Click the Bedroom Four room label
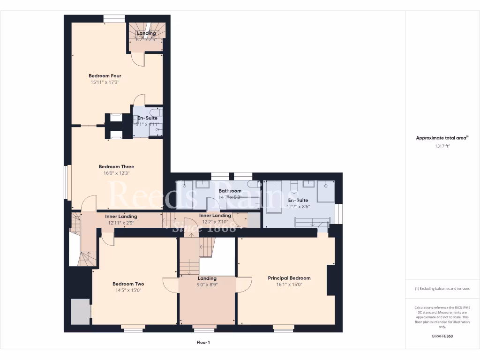pos(105,75)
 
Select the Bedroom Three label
pos(116,166)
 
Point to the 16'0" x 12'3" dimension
pos(116,173)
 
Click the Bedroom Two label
pos(128,284)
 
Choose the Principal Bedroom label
pos(289,278)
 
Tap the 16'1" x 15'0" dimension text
pos(289,285)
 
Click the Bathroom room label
pos(230,191)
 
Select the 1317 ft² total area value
pos(442,146)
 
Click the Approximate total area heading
pos(442,138)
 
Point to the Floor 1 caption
pos(203,343)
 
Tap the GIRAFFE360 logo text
pos(442,336)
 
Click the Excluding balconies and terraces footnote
pos(442,289)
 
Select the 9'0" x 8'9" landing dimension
pos(207,285)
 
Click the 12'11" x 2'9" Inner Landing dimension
pos(121,223)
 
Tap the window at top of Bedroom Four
pos(114,19)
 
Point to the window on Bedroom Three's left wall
pos(67,187)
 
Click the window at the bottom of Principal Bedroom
pos(283,329)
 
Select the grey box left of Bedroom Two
pos(80,312)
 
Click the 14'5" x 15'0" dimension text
pos(128,290)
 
